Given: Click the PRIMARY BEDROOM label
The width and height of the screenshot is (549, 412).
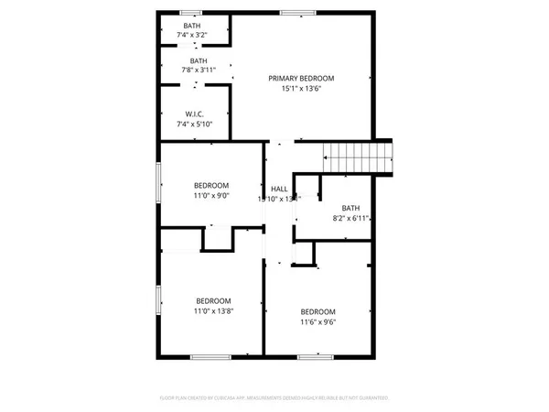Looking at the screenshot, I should pyautogui.click(x=301, y=79).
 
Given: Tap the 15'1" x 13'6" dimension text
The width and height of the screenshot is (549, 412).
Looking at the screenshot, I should pyautogui.click(x=301, y=91).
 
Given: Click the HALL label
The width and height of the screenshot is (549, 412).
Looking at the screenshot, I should pyautogui.click(x=278, y=189).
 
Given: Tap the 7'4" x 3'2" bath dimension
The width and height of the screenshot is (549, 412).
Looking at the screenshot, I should pyautogui.click(x=192, y=35).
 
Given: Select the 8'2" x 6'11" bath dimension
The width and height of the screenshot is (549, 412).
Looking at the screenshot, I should pyautogui.click(x=350, y=219).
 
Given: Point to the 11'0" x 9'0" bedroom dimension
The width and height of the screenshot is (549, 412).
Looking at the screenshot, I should pyautogui.click(x=211, y=195).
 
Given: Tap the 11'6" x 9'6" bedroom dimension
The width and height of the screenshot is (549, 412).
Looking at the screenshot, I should pyautogui.click(x=318, y=321).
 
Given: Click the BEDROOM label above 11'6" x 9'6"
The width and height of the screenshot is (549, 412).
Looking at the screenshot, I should pyautogui.click(x=318, y=310).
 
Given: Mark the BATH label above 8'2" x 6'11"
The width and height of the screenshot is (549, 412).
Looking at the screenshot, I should pyautogui.click(x=350, y=208).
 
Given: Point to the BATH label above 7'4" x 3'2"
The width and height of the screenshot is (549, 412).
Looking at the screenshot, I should pyautogui.click(x=192, y=25).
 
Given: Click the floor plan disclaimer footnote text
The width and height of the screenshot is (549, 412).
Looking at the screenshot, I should pyautogui.click(x=274, y=398).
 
